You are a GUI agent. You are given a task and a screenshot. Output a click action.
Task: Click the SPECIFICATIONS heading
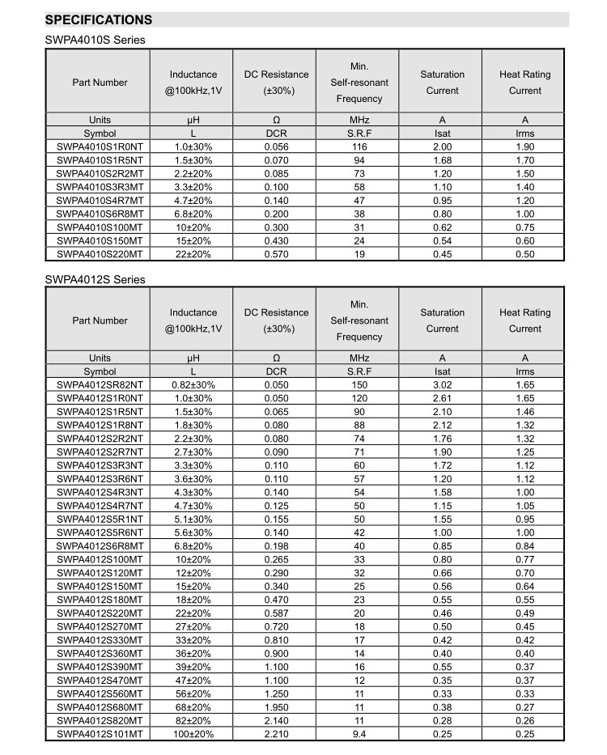(x=98, y=19)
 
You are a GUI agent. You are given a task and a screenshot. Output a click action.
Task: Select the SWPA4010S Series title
(x=95, y=40)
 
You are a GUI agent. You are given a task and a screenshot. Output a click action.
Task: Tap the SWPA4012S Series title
(x=95, y=279)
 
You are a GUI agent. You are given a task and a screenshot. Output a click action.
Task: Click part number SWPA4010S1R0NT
(x=100, y=147)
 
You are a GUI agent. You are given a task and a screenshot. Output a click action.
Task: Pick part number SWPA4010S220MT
(x=100, y=254)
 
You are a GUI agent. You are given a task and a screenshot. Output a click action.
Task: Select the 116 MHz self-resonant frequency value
(x=359, y=147)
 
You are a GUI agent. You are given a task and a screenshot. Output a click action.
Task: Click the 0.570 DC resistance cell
(x=276, y=254)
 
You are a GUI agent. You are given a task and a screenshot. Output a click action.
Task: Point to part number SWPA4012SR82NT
(x=100, y=385)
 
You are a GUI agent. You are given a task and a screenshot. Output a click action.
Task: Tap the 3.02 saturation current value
(x=443, y=385)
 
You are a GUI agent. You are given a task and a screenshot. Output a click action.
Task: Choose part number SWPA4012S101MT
(x=100, y=733)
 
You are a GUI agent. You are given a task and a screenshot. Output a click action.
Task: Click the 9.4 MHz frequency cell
(x=359, y=733)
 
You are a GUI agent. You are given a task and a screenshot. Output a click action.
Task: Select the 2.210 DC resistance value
(x=276, y=733)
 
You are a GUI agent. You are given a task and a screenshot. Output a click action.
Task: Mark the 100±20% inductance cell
(x=193, y=733)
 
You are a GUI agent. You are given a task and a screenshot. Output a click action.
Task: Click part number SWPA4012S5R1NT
(x=100, y=519)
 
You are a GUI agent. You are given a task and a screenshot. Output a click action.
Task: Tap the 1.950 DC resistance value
(x=276, y=706)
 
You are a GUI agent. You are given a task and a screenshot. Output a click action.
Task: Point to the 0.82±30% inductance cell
(x=193, y=385)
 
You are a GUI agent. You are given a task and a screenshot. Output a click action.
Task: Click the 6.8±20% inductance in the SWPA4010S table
(x=193, y=214)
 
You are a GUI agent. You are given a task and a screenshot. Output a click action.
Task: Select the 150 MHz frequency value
(x=359, y=385)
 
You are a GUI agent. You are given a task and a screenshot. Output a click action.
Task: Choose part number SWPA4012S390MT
(x=100, y=666)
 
